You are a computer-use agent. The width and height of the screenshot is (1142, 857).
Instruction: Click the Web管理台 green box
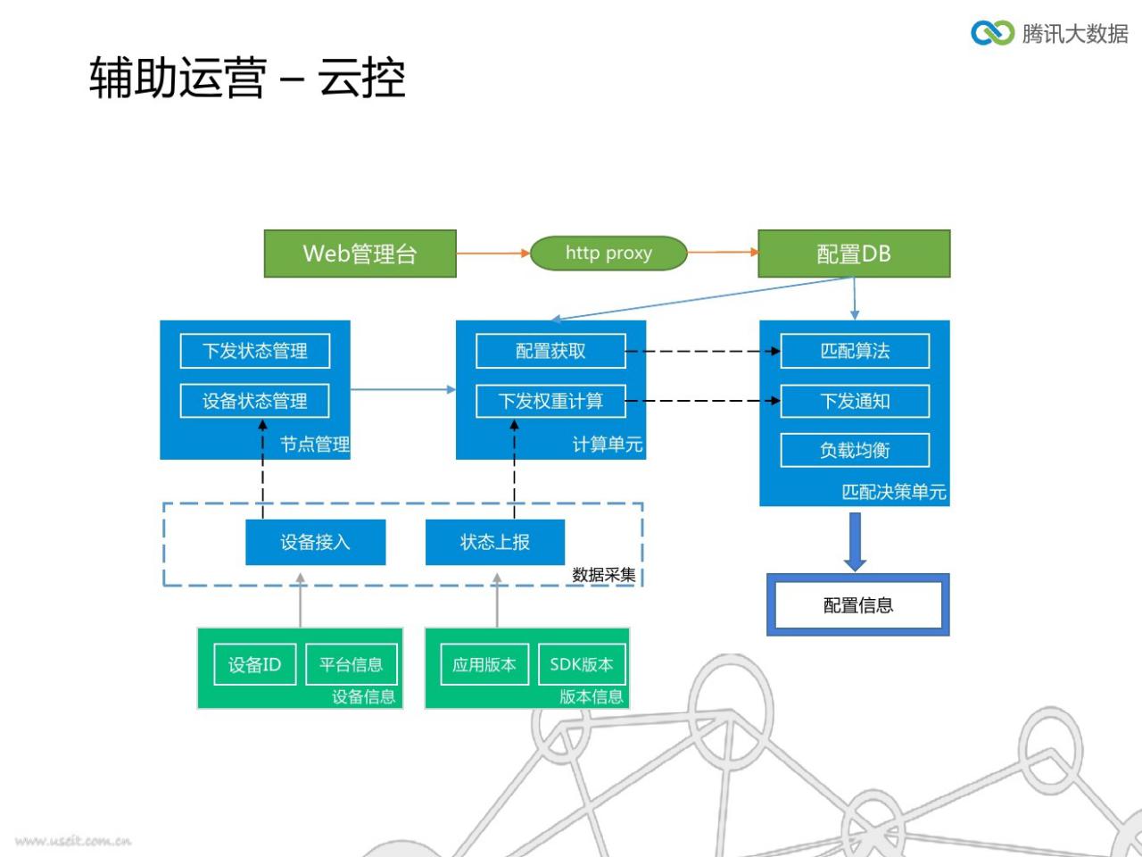coord(360,254)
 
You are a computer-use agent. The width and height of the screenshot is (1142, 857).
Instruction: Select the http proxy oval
coord(608,253)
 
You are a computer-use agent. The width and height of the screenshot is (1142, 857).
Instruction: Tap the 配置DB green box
coord(854,254)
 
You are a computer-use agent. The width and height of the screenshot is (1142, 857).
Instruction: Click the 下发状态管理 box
coord(255,351)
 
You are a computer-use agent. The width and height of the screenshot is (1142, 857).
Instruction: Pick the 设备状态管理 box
coord(255,401)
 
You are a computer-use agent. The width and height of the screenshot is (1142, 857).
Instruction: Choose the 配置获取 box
coord(550,351)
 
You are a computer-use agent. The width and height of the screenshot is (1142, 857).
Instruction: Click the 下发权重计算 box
coord(550,401)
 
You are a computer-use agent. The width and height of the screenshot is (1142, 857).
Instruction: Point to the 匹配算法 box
coord(855,351)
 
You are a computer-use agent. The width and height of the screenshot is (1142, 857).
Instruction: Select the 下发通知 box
coord(855,401)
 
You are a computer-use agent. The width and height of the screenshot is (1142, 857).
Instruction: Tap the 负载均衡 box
coord(855,450)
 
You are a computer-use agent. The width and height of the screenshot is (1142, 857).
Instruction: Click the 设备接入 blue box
coord(315,542)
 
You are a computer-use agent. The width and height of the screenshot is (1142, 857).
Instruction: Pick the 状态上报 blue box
coord(495,542)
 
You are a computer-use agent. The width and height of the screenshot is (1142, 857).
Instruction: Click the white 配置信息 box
coord(858,604)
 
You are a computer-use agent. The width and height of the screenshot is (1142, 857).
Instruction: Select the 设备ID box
coord(255,664)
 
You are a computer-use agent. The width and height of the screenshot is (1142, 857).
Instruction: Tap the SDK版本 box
coord(582,664)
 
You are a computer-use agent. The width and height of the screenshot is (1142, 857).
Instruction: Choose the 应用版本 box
coord(484,664)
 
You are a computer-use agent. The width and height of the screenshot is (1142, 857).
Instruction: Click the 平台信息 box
coord(352,664)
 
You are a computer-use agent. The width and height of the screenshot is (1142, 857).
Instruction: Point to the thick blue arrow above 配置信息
coord(855,541)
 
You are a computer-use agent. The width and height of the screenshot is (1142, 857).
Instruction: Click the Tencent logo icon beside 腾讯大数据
coord(993,33)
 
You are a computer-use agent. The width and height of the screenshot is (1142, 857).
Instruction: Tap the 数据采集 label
coord(603,575)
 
